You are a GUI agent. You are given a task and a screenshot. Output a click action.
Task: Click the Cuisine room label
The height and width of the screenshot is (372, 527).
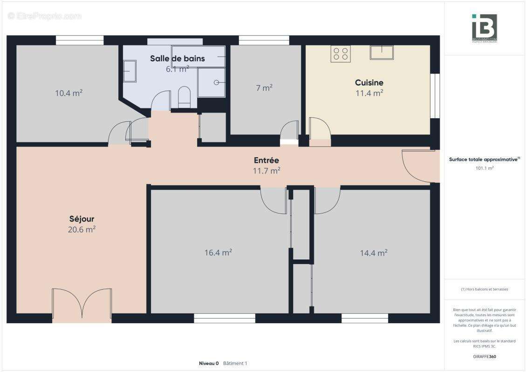(x=369, y=83)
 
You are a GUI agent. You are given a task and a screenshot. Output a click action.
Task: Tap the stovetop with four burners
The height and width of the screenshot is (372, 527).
(x=341, y=53)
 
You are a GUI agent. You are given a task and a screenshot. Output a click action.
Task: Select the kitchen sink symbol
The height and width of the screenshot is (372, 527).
(x=382, y=52)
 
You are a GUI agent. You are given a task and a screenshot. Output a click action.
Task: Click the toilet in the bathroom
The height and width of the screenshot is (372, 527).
(x=185, y=97)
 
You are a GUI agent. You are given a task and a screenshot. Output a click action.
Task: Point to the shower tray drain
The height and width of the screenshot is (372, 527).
(x=217, y=82)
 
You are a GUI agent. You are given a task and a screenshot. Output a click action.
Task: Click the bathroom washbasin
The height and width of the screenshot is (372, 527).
(x=130, y=72)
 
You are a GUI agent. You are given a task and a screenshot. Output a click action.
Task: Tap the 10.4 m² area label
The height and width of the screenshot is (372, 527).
(x=68, y=93)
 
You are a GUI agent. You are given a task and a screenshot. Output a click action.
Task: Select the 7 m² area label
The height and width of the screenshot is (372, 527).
(x=264, y=87)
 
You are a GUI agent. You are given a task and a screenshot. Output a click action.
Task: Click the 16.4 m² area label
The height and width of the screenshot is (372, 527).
(x=218, y=252)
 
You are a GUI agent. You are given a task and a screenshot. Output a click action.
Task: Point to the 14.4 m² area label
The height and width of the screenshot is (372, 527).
(x=373, y=253)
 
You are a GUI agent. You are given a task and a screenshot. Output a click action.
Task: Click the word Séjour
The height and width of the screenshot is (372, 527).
(x=82, y=219)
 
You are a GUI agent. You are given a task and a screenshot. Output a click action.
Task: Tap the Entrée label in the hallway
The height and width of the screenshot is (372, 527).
(x=266, y=160)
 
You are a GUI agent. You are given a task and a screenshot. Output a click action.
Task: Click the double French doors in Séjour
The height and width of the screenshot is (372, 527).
(x=82, y=305)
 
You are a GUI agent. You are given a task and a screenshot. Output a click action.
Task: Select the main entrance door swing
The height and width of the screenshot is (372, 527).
(x=417, y=166)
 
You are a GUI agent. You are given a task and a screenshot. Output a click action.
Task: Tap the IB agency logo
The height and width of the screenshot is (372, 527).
(x=484, y=28)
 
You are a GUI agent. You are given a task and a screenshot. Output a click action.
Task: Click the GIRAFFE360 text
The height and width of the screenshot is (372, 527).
(x=485, y=357)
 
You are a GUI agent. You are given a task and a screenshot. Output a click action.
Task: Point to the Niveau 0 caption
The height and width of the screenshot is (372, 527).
(x=208, y=363)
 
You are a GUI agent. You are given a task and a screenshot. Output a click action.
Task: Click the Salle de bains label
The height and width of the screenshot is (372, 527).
(x=177, y=59)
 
